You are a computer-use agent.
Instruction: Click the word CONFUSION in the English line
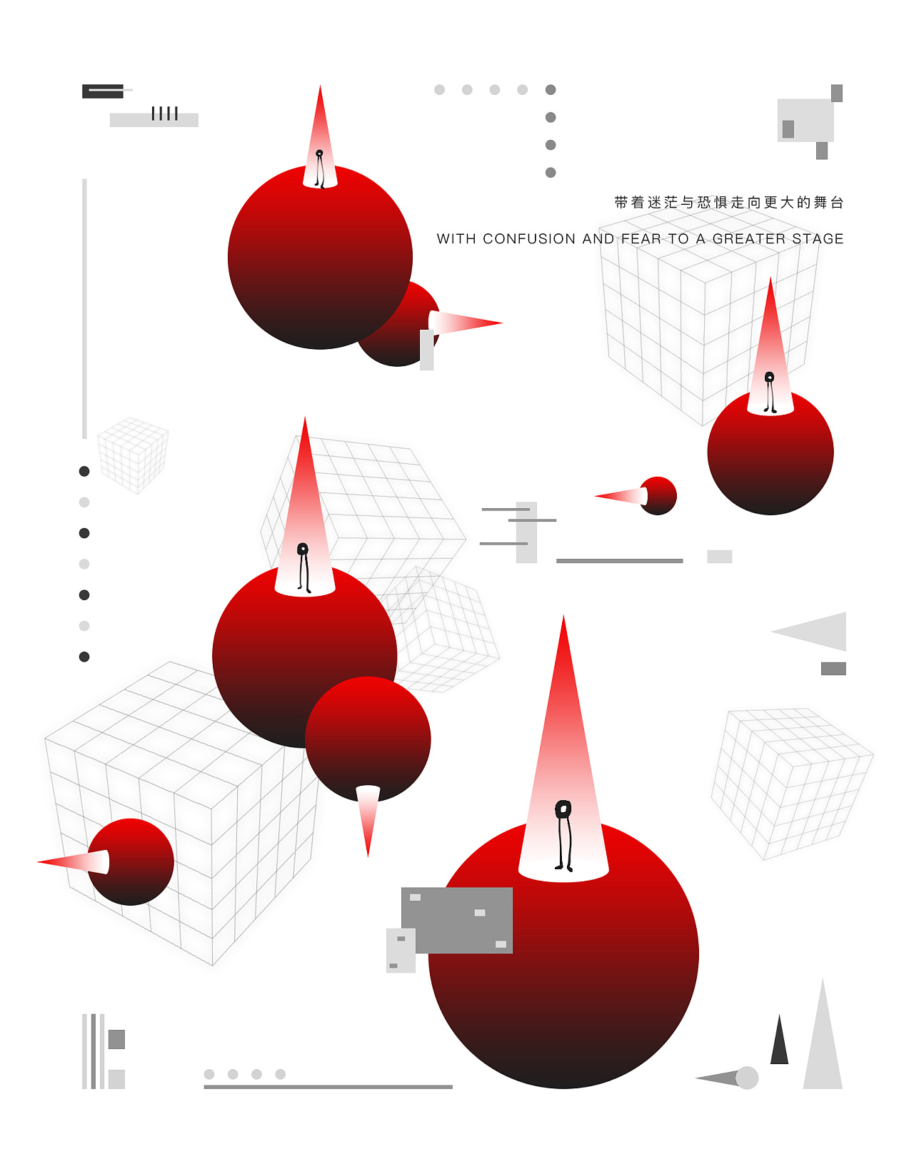click(x=528, y=238)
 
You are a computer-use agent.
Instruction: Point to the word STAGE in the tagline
click(x=818, y=238)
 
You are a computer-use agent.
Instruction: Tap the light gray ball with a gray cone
click(x=746, y=1078)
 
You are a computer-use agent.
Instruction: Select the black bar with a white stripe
click(x=103, y=91)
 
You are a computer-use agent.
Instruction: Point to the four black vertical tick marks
click(x=164, y=113)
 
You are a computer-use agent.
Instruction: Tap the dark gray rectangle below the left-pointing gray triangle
click(x=833, y=668)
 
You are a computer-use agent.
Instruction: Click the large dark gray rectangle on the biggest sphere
click(x=457, y=920)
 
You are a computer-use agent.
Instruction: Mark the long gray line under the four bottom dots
click(x=328, y=1086)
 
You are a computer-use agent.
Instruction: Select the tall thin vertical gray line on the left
click(x=84, y=308)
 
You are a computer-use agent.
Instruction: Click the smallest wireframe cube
click(x=133, y=455)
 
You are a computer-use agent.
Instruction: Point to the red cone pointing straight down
click(x=368, y=821)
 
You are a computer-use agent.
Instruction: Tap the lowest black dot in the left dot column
click(x=84, y=657)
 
